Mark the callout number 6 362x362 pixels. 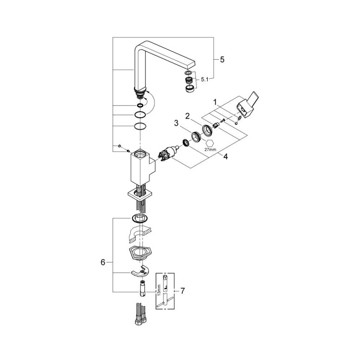point(103,262)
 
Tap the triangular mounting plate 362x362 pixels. point(141,254)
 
